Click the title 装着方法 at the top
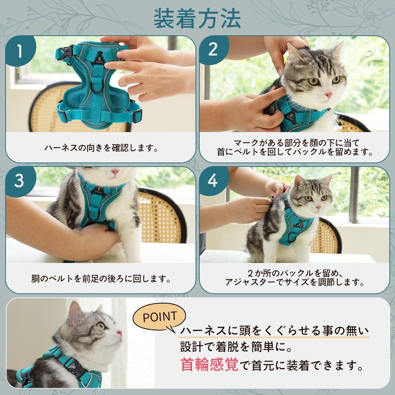click(x=197, y=20)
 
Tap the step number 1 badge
click(x=20, y=50)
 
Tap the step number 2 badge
click(x=213, y=49)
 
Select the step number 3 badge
click(x=20, y=181)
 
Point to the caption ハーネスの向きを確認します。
click(x=101, y=148)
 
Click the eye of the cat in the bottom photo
click(x=101, y=326)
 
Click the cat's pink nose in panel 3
click(x=115, y=172)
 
